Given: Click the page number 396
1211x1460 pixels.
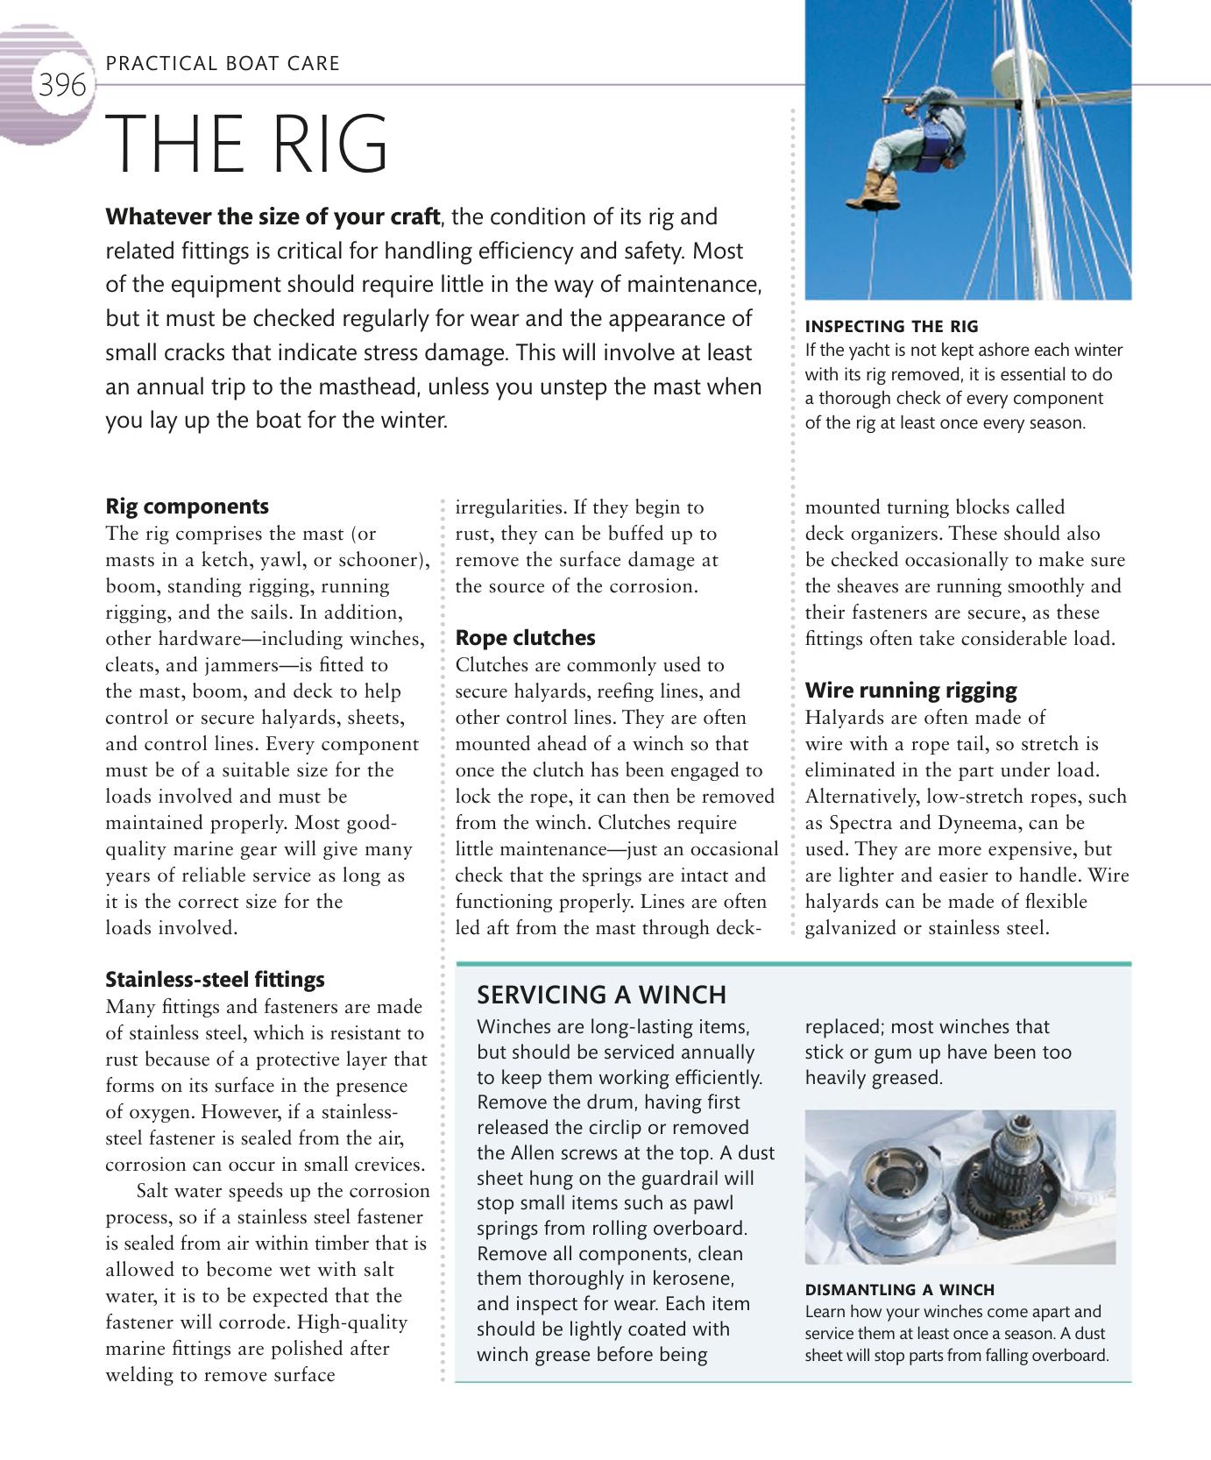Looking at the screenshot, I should coord(62,86).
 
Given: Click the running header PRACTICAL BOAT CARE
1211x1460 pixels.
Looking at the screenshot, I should coord(223,63).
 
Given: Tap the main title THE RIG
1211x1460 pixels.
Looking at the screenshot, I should coord(248,144).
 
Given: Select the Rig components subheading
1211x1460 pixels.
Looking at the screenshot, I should coord(187,507).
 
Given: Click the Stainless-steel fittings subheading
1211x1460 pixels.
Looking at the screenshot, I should coord(215,980).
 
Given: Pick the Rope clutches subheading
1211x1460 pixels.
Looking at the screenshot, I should coord(525,638).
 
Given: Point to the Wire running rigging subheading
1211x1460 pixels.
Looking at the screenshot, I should coord(910,691).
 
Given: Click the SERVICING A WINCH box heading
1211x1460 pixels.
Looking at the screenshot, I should coord(601,995).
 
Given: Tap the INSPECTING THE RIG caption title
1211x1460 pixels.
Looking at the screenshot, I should coord(891,327).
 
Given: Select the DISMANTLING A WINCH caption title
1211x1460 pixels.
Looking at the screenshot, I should coord(899,1290).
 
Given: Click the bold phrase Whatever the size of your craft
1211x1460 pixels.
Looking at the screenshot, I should coord(273,216).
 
